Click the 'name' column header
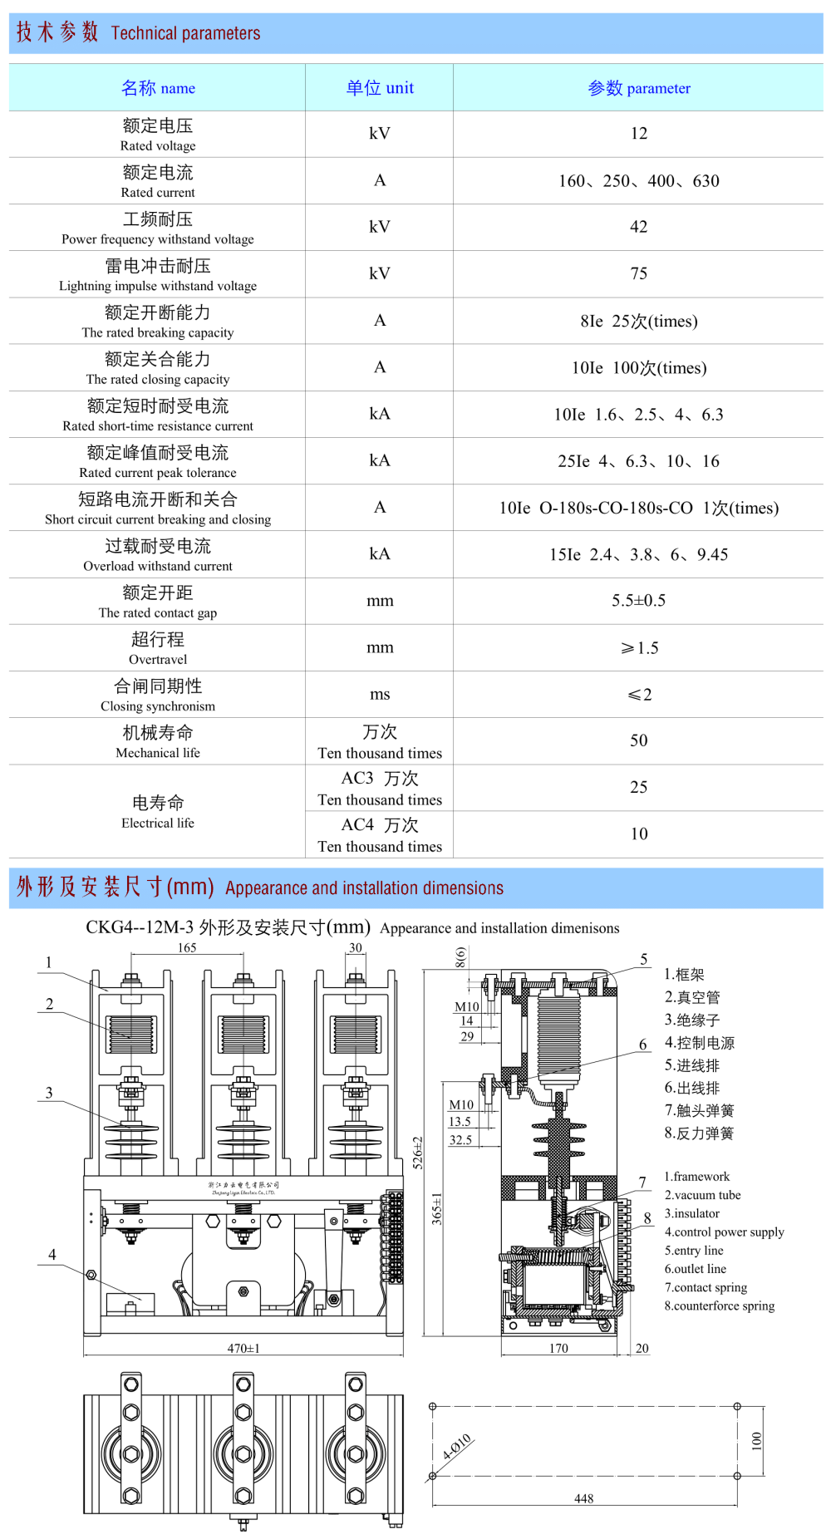tap(158, 88)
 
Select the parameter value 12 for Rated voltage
tap(638, 134)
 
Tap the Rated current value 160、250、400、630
tap(638, 181)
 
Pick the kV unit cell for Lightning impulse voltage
tap(379, 273)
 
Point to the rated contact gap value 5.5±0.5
tap(638, 601)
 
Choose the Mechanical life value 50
tap(638, 740)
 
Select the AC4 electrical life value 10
tap(638, 833)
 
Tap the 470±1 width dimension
tap(243, 1348)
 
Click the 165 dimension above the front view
tap(187, 948)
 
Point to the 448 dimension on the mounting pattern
tap(583, 1498)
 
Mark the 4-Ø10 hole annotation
tap(457, 1447)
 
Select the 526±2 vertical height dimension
tap(417, 1153)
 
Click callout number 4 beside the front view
tap(52, 1254)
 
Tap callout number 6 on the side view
tap(643, 1045)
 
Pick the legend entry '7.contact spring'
tap(706, 1287)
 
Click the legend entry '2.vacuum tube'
tap(702, 1195)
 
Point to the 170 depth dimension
tap(558, 1348)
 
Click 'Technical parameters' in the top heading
tap(185, 33)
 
